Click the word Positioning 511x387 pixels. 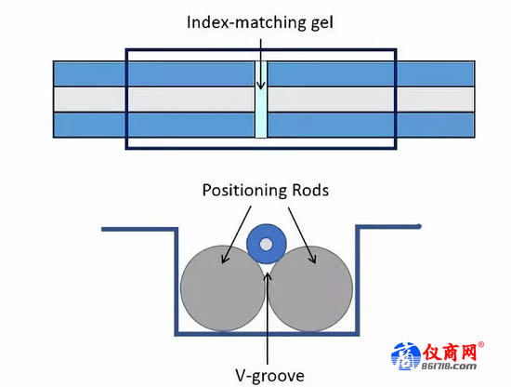244,191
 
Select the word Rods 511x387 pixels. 310,190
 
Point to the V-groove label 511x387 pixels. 269,376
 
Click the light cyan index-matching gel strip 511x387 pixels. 261,100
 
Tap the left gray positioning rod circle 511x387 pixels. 223,288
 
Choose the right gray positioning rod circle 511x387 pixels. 311,288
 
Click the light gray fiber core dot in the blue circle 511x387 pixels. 267,245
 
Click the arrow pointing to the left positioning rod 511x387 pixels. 237,234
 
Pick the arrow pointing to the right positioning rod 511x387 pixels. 302,235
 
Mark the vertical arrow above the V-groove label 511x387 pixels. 268,317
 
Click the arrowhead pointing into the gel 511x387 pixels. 261,86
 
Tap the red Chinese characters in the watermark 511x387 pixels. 450,353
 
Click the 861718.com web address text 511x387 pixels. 449,367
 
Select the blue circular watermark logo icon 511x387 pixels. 406,356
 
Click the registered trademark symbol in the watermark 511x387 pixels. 480,344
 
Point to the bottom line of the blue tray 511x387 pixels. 267,334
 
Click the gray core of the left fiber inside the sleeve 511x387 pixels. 191,100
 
